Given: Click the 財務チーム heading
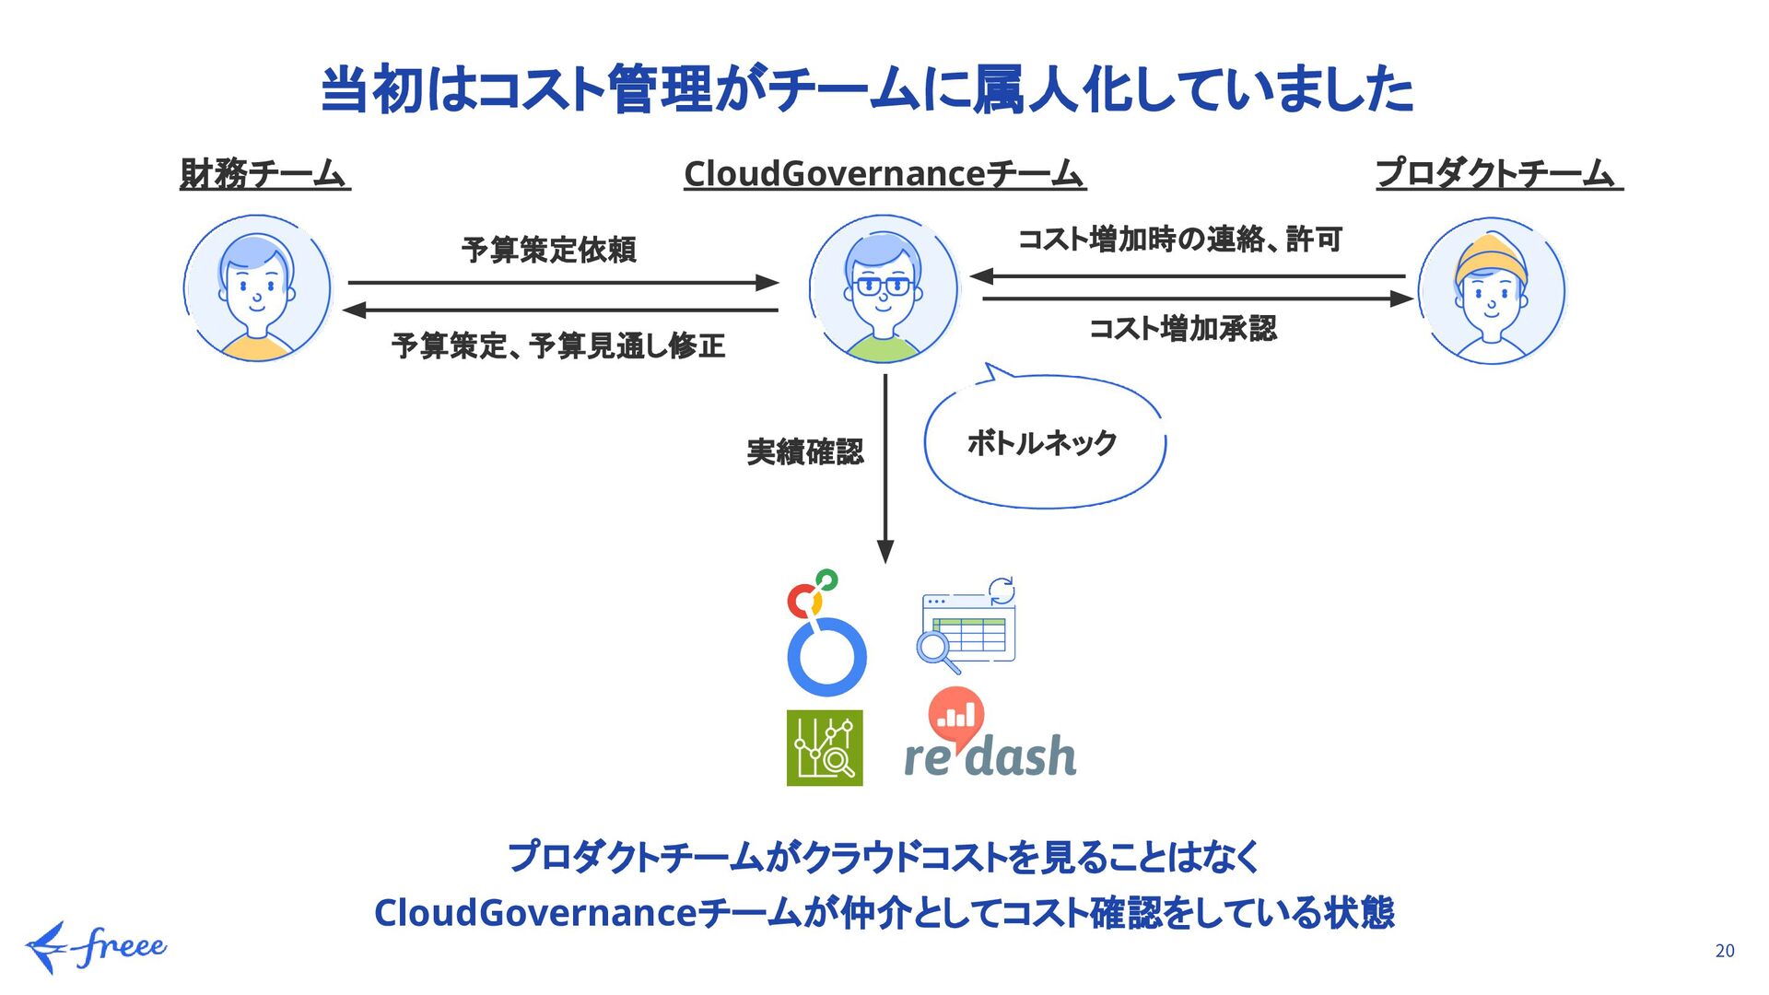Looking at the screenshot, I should pos(264,173).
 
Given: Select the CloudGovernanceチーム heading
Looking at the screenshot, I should pos(884,173).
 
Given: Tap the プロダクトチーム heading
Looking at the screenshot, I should pos(1498,173).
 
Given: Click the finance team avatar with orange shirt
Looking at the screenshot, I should pos(257,288).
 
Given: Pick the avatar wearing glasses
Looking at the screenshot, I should pos(883,288).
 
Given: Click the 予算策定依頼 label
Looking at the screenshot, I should pos(549,250).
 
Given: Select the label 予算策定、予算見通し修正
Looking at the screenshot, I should pos(558,346).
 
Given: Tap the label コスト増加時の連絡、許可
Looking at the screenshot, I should pos(1180,240).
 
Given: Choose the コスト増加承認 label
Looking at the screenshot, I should pos(1183,329).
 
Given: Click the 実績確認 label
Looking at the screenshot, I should pos(805,452).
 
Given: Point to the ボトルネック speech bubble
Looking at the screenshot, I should pos(1043,443).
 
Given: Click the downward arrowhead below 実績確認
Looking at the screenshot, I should pos(885,551).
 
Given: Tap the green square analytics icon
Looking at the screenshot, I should pos(825,747).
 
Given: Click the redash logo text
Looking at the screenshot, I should pos(990,756).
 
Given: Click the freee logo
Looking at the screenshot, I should pos(97,946).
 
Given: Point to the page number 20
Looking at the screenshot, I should pos(1725,951).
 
